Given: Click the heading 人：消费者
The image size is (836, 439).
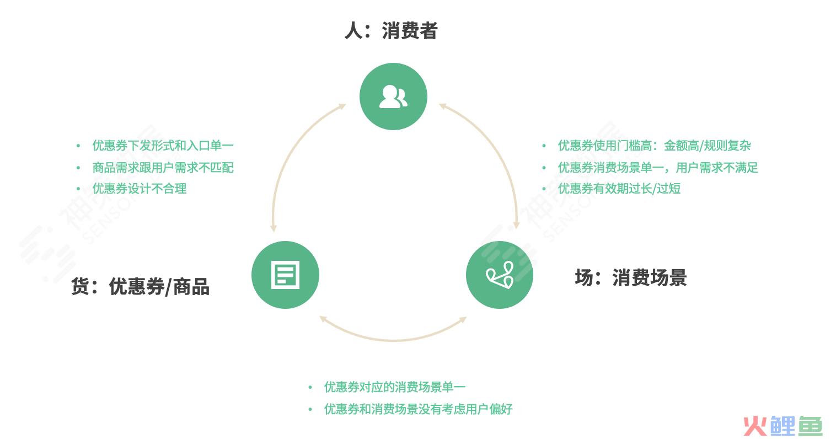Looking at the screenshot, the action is point(391,31).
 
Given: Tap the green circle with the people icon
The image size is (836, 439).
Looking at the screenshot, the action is point(393,97).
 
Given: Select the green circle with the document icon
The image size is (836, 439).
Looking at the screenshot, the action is point(285,275).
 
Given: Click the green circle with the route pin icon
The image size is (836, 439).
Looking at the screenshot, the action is point(500,275).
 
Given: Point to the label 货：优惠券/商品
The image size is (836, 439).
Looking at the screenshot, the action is point(140,287).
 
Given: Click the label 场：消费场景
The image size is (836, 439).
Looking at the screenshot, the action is point(631,278).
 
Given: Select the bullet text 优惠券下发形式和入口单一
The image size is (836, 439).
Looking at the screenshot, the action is point(163,145).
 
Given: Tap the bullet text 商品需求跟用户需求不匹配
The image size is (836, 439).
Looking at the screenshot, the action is point(163,167).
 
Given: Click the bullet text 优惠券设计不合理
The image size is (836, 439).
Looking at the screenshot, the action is point(139,189).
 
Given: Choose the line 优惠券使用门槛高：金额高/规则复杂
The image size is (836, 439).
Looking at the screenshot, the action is point(654,145).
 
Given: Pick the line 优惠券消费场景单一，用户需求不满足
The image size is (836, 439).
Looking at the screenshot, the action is point(658,167).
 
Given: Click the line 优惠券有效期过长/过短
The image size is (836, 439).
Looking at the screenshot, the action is point(619,189).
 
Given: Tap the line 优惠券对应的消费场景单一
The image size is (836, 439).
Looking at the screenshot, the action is point(394,387).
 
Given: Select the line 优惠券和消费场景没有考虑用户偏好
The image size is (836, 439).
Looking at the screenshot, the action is point(418,409).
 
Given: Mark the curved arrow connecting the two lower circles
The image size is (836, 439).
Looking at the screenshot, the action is point(393,340).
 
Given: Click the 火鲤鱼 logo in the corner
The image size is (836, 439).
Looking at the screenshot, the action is point(783,426).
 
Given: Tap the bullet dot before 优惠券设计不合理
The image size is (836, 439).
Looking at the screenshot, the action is point(78,189).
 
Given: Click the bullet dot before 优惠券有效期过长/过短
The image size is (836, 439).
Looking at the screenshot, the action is point(544,189).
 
